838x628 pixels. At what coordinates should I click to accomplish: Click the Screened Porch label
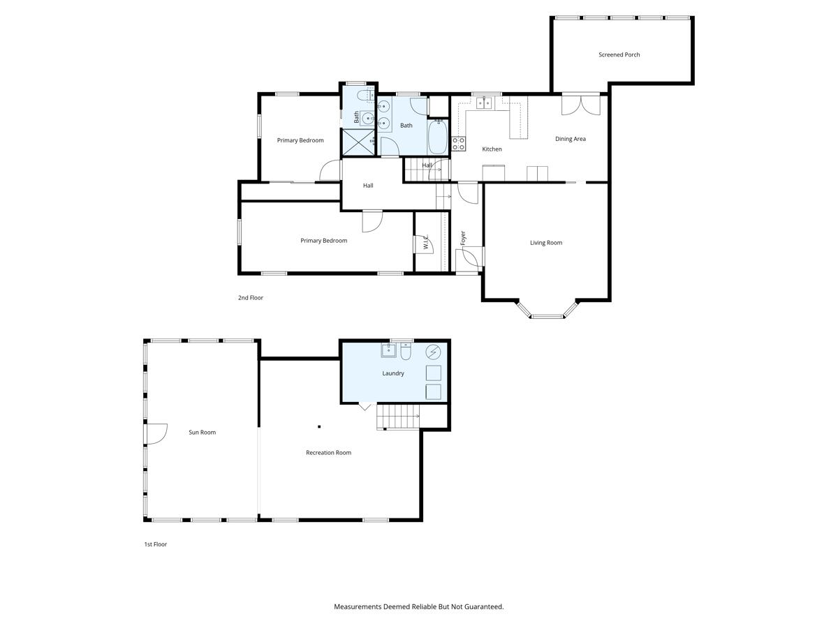pos(619,54)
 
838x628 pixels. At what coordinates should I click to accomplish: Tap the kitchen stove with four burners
pos(459,144)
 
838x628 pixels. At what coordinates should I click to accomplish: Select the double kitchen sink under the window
pos(484,103)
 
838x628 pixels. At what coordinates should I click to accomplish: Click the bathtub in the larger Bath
pos(437,137)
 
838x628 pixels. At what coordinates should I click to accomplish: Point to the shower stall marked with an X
pos(358,142)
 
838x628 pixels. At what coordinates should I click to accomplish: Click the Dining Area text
pos(570,139)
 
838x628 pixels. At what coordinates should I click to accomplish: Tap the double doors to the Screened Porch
pos(581,105)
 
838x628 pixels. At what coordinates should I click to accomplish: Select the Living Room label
pos(545,243)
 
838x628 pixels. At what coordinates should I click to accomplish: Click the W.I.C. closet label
pos(425,242)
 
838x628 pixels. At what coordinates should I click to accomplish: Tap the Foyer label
pos(462,238)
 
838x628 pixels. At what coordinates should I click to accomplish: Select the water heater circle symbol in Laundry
pos(433,351)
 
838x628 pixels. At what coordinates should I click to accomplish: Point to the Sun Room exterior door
pos(155,433)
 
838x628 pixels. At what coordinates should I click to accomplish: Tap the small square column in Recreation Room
pos(319,426)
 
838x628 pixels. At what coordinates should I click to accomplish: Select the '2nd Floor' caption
pos(250,298)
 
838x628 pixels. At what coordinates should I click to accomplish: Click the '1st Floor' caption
pos(155,544)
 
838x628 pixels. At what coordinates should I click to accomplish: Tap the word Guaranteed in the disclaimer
pos(483,607)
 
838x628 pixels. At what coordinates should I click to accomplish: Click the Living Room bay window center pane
pos(547,317)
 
